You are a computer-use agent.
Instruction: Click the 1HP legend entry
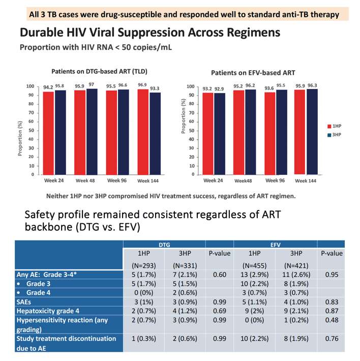[x=334, y=126]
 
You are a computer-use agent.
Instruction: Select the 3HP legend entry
[x=334, y=135]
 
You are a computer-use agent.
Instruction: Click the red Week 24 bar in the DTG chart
[x=48, y=133]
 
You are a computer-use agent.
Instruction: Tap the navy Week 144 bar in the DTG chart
[x=155, y=134]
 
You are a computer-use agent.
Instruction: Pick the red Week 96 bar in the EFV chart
[x=270, y=134]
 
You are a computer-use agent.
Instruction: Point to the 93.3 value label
[x=155, y=88]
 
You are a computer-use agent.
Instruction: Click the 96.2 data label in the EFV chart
[x=250, y=85]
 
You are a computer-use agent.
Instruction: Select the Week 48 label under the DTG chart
[x=85, y=180]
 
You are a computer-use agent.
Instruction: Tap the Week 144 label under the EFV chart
[x=306, y=181]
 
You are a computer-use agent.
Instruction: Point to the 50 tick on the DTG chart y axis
[x=31, y=131]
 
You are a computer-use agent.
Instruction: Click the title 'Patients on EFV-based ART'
[x=253, y=73]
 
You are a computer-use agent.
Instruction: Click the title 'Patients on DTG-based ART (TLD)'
[x=99, y=72]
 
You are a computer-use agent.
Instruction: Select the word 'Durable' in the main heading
[x=42, y=33]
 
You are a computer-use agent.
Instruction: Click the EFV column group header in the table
[x=275, y=245]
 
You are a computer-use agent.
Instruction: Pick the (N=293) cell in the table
[x=143, y=266]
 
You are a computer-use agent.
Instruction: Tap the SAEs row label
[x=23, y=302]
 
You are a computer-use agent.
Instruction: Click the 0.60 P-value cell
[x=220, y=275]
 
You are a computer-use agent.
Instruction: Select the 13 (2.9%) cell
[x=254, y=275]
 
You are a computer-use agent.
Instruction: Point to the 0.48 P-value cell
[x=332, y=320]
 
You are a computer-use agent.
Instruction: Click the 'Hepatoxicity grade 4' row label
[x=48, y=311]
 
